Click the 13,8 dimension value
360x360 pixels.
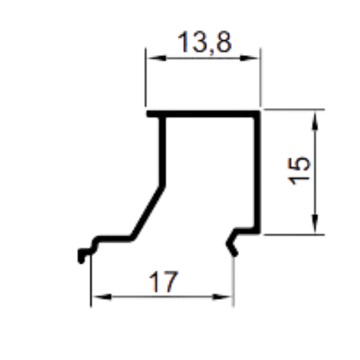(205, 42)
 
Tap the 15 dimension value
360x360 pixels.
(299, 171)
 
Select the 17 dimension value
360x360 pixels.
(164, 282)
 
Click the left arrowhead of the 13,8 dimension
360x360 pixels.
(156, 58)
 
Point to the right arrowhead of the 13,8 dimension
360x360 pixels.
(249, 58)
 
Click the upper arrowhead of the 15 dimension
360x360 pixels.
(315, 121)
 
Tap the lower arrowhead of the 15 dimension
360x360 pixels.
(315, 224)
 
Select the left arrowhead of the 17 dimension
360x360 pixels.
(102, 297)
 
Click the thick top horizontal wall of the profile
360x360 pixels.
(203, 114)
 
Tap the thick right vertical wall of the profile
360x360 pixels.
(257, 172)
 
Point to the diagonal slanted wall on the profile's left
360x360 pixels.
(148, 212)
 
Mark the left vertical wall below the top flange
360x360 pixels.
(162, 152)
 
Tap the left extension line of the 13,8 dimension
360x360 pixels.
(146, 77)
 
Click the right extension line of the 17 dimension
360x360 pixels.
(234, 281)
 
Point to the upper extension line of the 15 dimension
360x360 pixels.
(294, 109)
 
